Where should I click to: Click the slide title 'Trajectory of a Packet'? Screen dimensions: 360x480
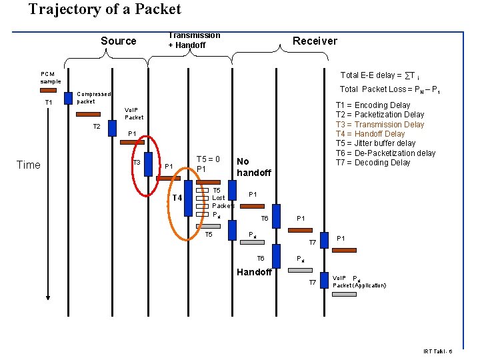pyautogui.click(x=105, y=9)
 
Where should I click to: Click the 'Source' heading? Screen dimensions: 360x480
pyautogui.click(x=118, y=41)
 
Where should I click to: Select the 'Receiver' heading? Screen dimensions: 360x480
pyautogui.click(x=315, y=41)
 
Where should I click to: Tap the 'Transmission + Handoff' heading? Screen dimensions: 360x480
pyautogui.click(x=193, y=40)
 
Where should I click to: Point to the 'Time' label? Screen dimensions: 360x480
pyautogui.click(x=28, y=165)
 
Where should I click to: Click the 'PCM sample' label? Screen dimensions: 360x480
pyautogui.click(x=50, y=77)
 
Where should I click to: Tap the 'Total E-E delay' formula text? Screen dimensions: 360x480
pyautogui.click(x=379, y=75)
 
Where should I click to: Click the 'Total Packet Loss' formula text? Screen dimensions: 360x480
pyautogui.click(x=389, y=89)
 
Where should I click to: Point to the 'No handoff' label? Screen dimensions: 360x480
pyautogui.click(x=253, y=167)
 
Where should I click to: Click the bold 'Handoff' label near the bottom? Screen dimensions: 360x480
pyautogui.click(x=254, y=271)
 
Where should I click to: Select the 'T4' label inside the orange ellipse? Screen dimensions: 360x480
pyautogui.click(x=177, y=198)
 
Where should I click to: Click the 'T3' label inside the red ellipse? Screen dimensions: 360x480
pyautogui.click(x=136, y=163)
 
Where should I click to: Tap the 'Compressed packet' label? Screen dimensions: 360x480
pyautogui.click(x=93, y=98)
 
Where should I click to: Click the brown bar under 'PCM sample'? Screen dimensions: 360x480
pyautogui.click(x=48, y=89)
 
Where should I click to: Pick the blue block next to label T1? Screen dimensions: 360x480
pyautogui.click(x=68, y=98)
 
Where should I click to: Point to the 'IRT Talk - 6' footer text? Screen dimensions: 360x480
pyautogui.click(x=437, y=351)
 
